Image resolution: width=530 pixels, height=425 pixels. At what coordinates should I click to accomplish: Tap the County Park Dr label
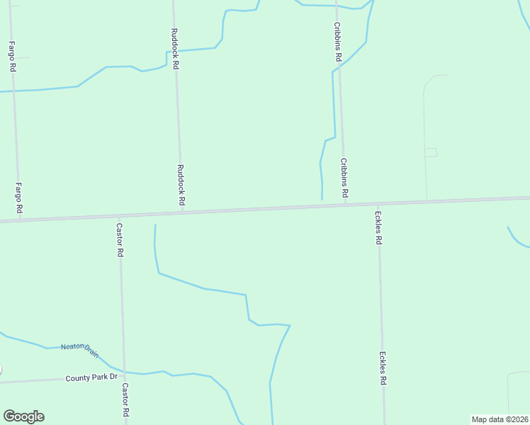91,378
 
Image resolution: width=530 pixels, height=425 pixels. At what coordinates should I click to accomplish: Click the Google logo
23,416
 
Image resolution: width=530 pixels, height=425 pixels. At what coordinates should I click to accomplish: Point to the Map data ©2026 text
500,419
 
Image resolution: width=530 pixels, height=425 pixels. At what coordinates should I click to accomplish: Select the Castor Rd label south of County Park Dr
125,400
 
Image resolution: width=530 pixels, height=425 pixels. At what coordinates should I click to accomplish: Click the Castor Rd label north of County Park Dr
120,240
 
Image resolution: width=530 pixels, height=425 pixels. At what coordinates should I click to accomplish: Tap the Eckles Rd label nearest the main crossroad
379,228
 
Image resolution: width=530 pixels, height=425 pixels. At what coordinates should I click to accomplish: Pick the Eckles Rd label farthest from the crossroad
383,368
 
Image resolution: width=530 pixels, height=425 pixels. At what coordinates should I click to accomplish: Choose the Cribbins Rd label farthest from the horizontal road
338,41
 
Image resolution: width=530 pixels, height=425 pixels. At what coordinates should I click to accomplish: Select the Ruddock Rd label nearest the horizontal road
181,186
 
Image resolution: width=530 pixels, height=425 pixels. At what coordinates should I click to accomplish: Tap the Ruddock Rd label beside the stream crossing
174,48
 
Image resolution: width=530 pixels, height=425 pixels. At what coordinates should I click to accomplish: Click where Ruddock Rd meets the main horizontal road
183,212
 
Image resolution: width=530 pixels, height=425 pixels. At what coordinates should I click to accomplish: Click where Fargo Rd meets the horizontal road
19,220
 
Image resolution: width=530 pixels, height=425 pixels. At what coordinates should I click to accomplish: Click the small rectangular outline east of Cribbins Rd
431,152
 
